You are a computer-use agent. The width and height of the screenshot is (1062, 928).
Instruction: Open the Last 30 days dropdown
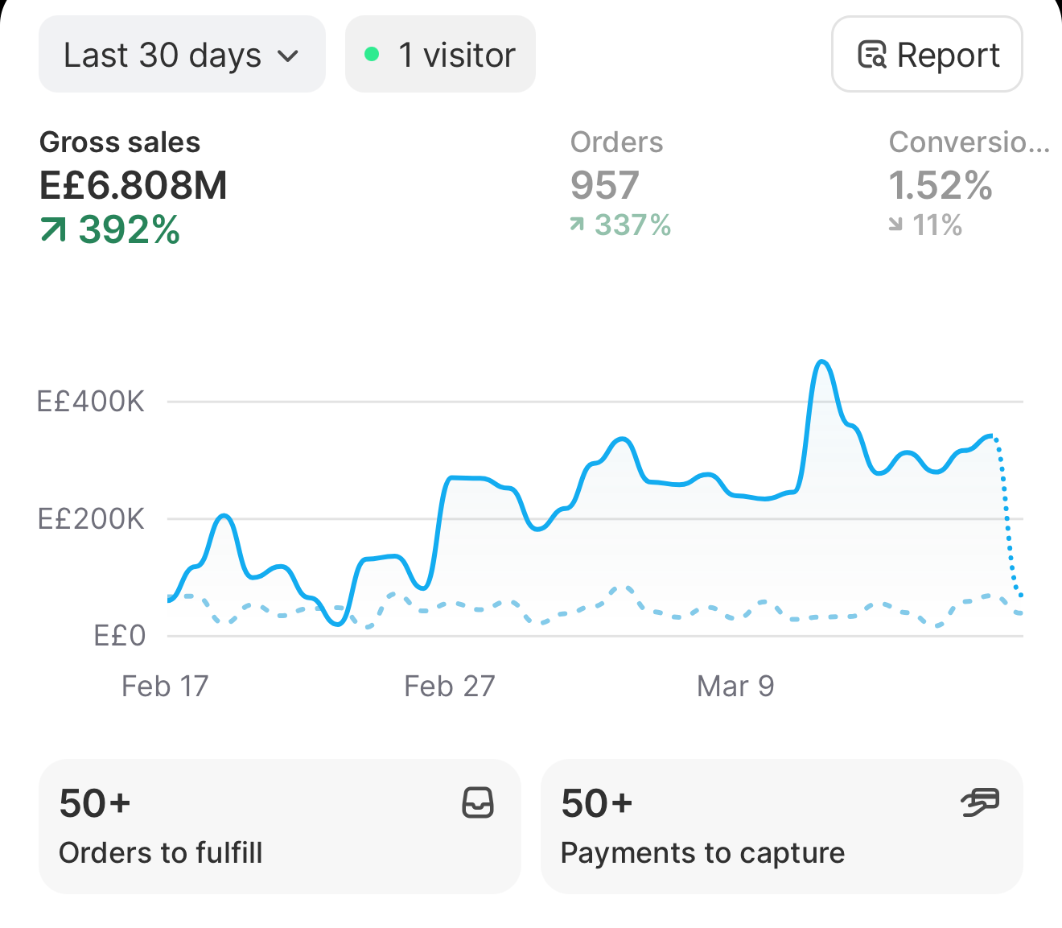(x=182, y=54)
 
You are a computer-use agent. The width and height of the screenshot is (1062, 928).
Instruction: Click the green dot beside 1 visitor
(x=372, y=54)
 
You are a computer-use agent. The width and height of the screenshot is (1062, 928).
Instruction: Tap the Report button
(x=927, y=54)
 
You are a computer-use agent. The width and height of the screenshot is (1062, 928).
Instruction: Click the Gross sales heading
(x=120, y=142)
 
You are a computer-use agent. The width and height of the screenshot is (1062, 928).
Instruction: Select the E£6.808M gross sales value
(x=134, y=185)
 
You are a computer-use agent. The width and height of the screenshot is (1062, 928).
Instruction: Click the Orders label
(x=616, y=142)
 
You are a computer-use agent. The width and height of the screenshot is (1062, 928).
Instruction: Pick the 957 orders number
(x=605, y=185)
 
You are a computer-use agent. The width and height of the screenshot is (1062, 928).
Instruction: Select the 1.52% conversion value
(x=941, y=185)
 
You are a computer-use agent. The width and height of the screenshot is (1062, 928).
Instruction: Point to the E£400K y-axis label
(x=91, y=402)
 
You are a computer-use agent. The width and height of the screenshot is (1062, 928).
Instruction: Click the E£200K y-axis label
(x=91, y=519)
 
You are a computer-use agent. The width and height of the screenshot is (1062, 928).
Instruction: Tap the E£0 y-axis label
(x=119, y=636)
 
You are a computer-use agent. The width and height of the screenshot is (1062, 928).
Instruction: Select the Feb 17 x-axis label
(x=165, y=686)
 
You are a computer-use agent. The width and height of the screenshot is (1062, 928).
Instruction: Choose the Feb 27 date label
(x=450, y=686)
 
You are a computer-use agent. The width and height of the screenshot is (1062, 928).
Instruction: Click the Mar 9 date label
(x=735, y=686)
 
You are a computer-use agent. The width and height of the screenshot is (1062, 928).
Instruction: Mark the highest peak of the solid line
(x=821, y=361)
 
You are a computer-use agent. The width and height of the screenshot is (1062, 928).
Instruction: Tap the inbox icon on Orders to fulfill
(x=478, y=803)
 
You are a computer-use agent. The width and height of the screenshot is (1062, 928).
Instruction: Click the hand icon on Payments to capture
(x=980, y=803)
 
